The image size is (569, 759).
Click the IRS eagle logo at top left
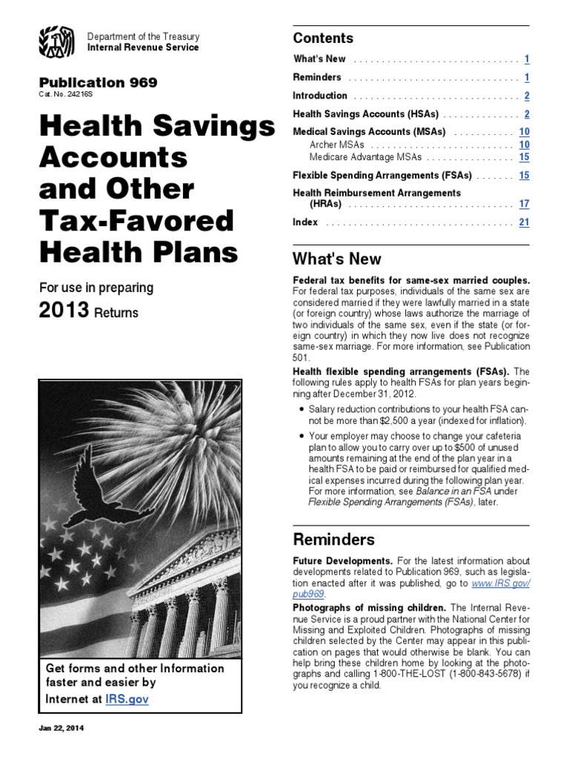point(57,42)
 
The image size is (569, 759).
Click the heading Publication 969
point(98,83)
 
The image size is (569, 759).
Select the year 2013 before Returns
point(64,311)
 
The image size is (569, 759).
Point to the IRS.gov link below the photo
point(127,699)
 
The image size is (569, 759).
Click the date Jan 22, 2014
point(62,729)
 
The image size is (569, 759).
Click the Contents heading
point(323,38)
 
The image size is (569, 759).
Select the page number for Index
point(524,222)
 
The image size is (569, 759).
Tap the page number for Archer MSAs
point(524,145)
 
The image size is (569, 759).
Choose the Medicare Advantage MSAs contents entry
point(366,157)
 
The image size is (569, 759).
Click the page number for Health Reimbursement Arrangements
point(524,203)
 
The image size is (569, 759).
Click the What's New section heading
point(337,259)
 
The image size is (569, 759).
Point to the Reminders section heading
point(334,539)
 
